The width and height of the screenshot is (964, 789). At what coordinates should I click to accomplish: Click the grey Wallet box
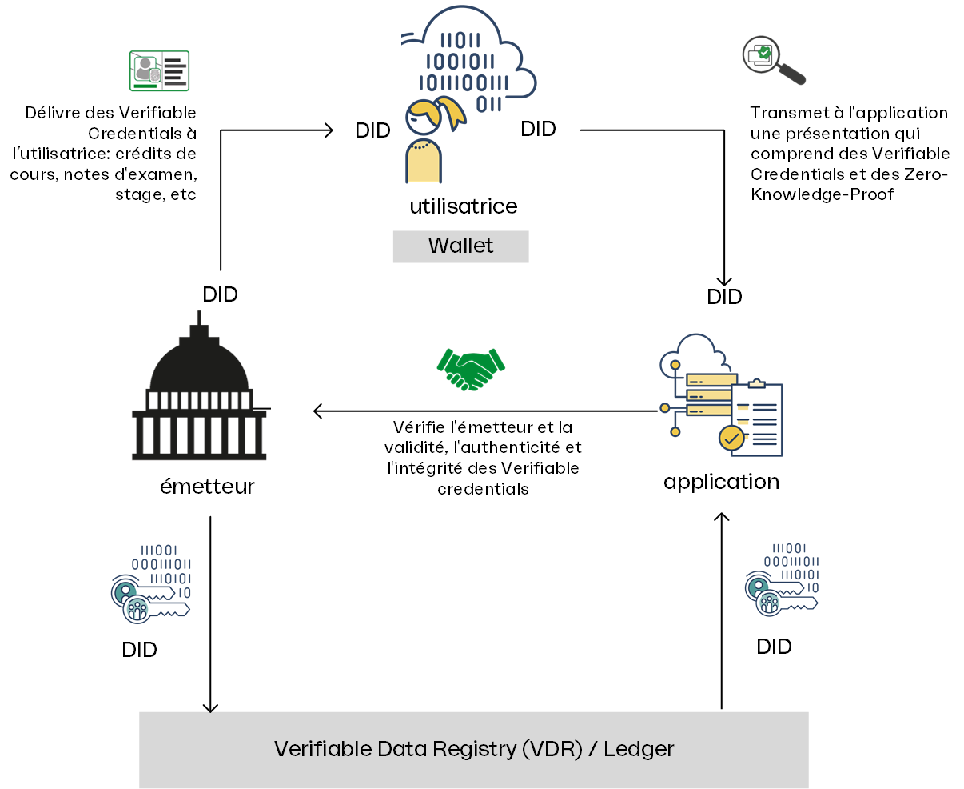(x=460, y=246)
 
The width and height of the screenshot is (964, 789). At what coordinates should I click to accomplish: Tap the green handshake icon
(x=471, y=369)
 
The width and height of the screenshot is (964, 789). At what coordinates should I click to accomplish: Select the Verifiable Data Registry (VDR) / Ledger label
(x=474, y=750)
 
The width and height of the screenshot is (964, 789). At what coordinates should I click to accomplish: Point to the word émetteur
(x=207, y=487)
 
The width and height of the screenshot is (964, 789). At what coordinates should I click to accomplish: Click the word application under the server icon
(x=721, y=482)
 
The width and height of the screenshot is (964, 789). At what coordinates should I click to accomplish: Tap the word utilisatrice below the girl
(x=464, y=206)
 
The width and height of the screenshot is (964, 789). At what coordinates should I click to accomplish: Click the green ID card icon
(x=159, y=71)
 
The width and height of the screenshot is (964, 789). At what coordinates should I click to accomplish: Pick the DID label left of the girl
(x=372, y=131)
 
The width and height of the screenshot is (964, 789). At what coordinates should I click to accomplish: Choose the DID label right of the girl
(x=538, y=129)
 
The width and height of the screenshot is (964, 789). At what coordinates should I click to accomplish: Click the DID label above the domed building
(x=220, y=294)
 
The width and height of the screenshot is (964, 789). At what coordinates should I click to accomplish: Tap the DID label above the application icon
(x=724, y=297)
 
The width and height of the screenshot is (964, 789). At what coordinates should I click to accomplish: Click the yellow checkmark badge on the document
(x=731, y=438)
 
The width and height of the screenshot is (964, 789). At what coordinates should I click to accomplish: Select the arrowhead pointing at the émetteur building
(x=318, y=411)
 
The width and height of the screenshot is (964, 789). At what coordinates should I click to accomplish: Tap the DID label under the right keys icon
(x=774, y=647)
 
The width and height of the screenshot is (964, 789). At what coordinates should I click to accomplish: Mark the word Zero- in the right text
(x=926, y=174)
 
